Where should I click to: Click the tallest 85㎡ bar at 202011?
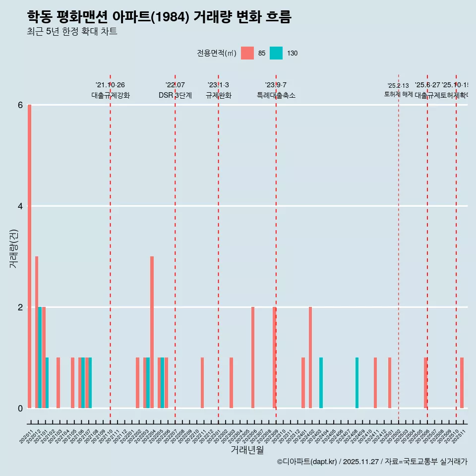coord(30,256)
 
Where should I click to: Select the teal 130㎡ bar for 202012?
coord(40,357)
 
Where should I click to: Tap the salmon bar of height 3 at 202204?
coord(152,332)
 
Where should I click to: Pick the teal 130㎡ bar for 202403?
coord(321,383)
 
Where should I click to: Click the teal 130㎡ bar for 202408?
coord(357,383)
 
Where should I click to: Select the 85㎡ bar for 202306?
coord(253,357)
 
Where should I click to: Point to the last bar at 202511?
coord(462,383)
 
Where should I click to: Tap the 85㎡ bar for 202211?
coord(202,383)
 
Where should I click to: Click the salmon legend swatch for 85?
coord(247,53)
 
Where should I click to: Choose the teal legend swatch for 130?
coord(276,53)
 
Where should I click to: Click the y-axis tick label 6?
coord(20,105)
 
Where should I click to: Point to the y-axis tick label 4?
coord(20,206)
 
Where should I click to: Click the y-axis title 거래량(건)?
coord(14,248)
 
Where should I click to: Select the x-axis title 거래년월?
coord(247,450)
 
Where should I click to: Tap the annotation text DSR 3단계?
coord(175,95)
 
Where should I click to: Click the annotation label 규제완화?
coord(218,95)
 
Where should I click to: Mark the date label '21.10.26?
coord(110,85)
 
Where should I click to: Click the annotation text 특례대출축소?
coord(276,95)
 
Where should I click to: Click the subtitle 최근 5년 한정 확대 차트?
coord(72,32)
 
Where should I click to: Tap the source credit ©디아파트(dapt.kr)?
coord(307,462)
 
